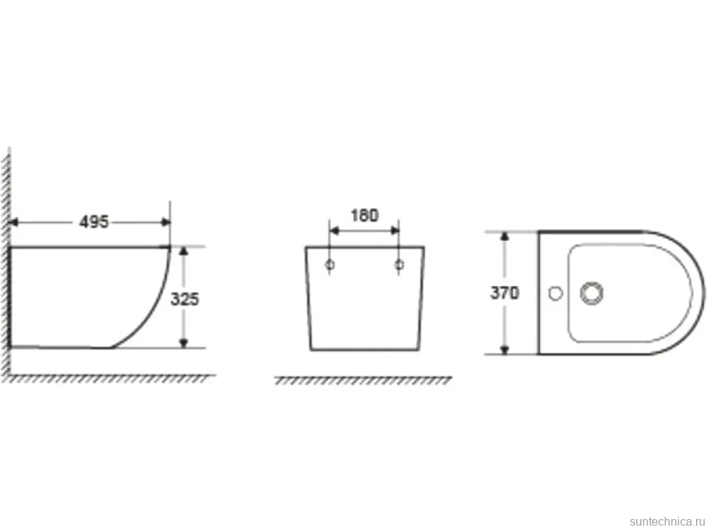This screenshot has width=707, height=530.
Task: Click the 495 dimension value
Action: click(94, 221)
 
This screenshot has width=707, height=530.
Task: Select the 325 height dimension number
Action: click(184, 299)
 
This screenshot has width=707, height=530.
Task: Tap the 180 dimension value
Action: click(364, 215)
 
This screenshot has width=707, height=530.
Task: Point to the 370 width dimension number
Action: click(504, 293)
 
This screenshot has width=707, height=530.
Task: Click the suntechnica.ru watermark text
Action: click(667, 521)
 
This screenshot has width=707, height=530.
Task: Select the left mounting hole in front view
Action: click(330, 265)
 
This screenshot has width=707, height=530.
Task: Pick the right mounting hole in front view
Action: click(399, 265)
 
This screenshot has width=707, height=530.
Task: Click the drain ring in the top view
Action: click(592, 293)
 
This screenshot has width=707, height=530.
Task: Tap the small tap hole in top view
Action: click(555, 293)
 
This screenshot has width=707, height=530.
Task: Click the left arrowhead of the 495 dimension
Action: click(13, 222)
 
